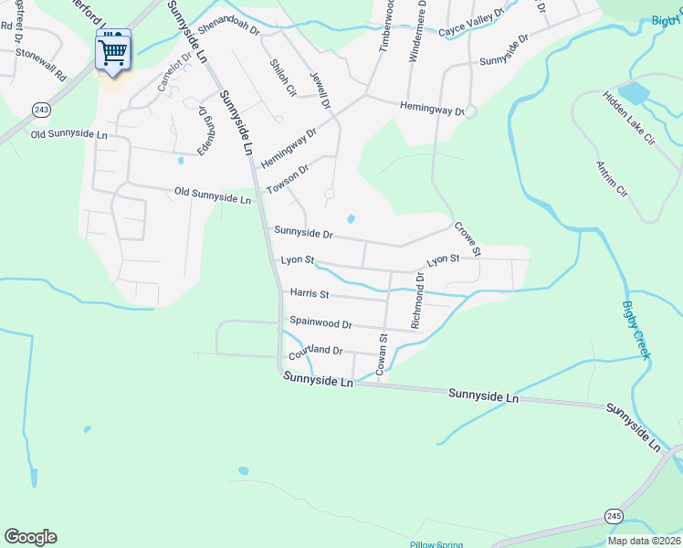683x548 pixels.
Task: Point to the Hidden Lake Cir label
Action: (x=628, y=118)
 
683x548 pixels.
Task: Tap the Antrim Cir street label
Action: (x=611, y=179)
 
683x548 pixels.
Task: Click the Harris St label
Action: (x=310, y=293)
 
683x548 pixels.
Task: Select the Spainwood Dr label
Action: (x=320, y=322)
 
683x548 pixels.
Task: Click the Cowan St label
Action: (x=383, y=353)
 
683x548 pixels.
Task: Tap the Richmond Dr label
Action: (x=417, y=300)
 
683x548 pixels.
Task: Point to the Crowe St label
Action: (x=467, y=238)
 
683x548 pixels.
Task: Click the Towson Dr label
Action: (x=288, y=178)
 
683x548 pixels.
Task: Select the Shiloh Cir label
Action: (x=283, y=78)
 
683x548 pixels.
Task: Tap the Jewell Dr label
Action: (x=319, y=90)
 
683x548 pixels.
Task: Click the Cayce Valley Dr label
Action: (x=471, y=30)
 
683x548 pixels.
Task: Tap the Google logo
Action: (x=30, y=537)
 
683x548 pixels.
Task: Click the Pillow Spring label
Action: (x=436, y=544)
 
